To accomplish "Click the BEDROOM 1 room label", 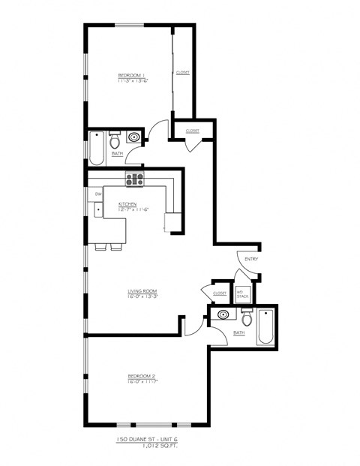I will (x=130, y=75).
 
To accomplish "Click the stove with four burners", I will (x=134, y=179).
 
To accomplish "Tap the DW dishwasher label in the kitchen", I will (x=98, y=194).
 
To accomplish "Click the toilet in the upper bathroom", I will (x=115, y=141).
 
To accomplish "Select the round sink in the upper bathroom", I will (x=134, y=137).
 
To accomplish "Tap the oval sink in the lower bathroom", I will (x=223, y=315).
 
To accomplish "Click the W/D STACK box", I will (x=243, y=294).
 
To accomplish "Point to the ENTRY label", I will (x=250, y=260).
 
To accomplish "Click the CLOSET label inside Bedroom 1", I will (x=182, y=73).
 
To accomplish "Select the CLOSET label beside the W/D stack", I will (x=220, y=293).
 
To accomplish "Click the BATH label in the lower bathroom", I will (x=239, y=332).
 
